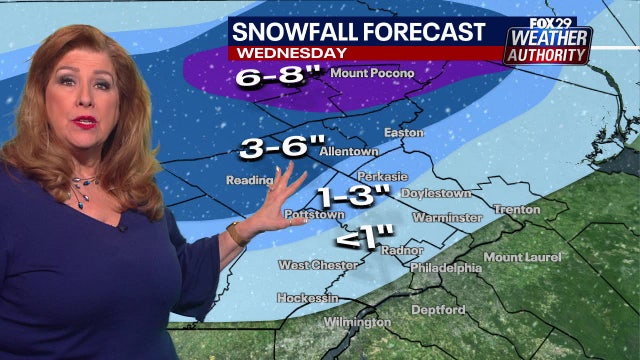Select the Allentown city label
point(349,151)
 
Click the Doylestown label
point(436,192)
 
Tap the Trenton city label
point(516,209)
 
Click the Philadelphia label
point(446,268)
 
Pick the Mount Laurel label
point(521,257)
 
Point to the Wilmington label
point(357,323)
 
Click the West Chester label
point(312,265)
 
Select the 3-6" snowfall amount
point(277,150)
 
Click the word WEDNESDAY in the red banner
point(290,51)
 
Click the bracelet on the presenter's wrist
point(237,234)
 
